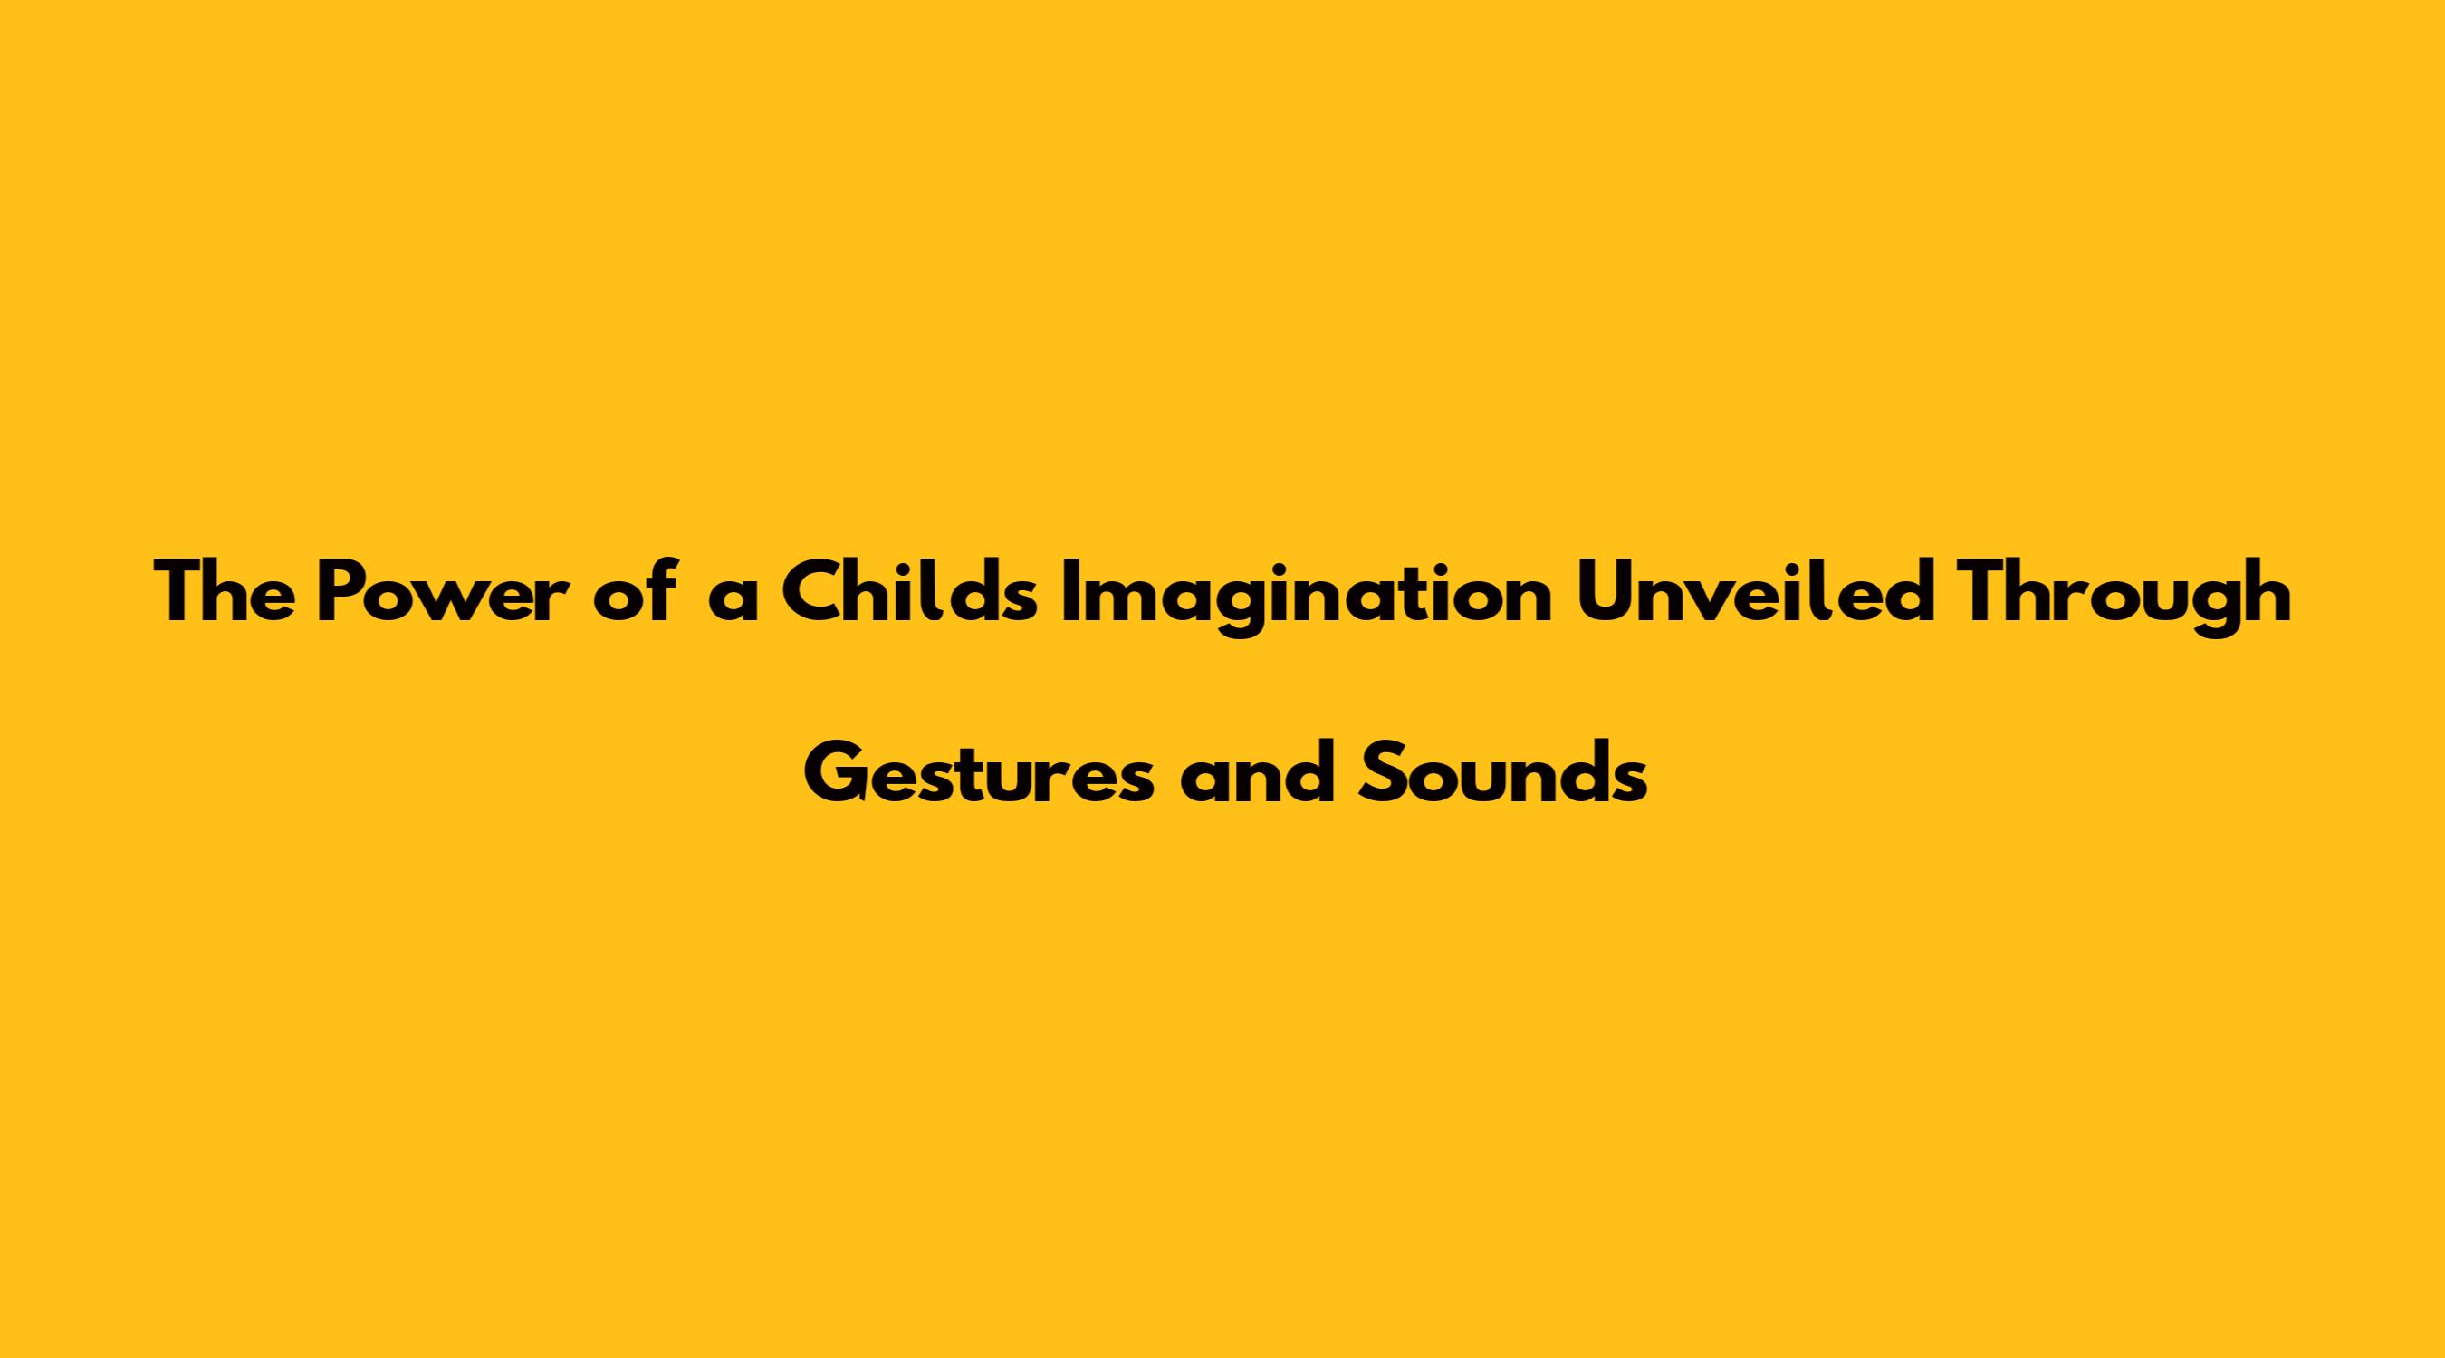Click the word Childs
912,592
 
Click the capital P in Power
342,593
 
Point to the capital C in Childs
815,593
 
